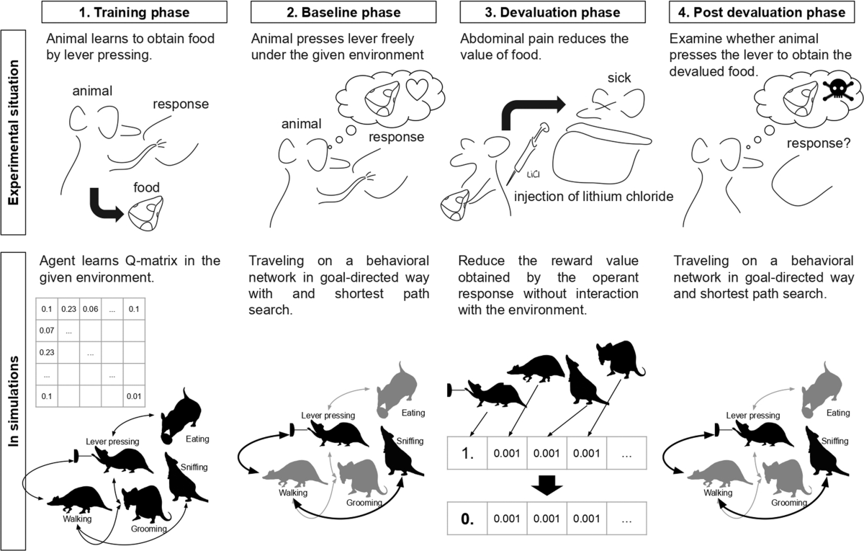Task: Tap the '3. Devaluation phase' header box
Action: pos(549,12)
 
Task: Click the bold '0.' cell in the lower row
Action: pos(468,517)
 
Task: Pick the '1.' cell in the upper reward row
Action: pos(468,454)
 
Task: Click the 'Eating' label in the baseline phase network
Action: pos(413,413)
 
